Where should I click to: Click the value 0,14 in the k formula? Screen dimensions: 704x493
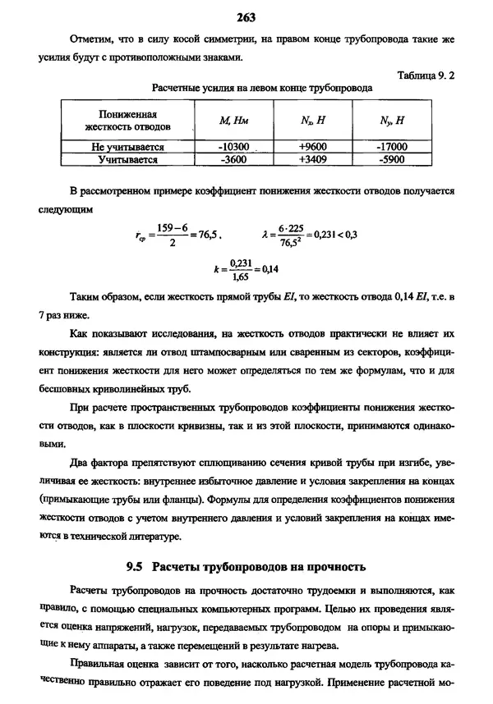pyautogui.click(x=270, y=269)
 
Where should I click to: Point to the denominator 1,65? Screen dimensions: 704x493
pyautogui.click(x=240, y=277)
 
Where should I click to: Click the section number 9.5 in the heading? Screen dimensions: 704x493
pyautogui.click(x=136, y=566)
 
